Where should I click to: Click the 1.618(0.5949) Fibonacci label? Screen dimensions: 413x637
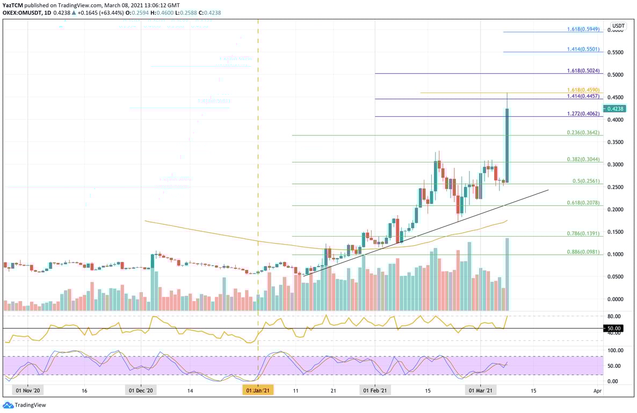[583, 29]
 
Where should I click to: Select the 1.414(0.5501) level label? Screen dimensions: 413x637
[583, 49]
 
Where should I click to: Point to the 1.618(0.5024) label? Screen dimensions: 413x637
[583, 70]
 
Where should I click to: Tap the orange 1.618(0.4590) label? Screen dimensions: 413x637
[583, 90]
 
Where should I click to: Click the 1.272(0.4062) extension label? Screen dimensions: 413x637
[583, 113]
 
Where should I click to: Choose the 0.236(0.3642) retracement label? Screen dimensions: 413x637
[583, 132]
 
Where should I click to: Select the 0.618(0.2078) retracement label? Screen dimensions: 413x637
[583, 202]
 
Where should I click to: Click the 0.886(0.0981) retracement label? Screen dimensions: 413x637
[583, 252]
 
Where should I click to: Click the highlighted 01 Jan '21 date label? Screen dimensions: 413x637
[258, 390]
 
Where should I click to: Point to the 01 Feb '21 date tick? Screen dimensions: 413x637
[374, 390]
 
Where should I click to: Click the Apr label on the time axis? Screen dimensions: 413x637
[598, 390]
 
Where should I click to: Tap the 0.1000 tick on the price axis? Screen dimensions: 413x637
[616, 254]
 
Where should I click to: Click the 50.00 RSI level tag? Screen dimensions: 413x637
[614, 328]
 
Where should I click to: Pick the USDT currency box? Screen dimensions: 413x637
[619, 25]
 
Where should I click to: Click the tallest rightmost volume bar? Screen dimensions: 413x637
[507, 274]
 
